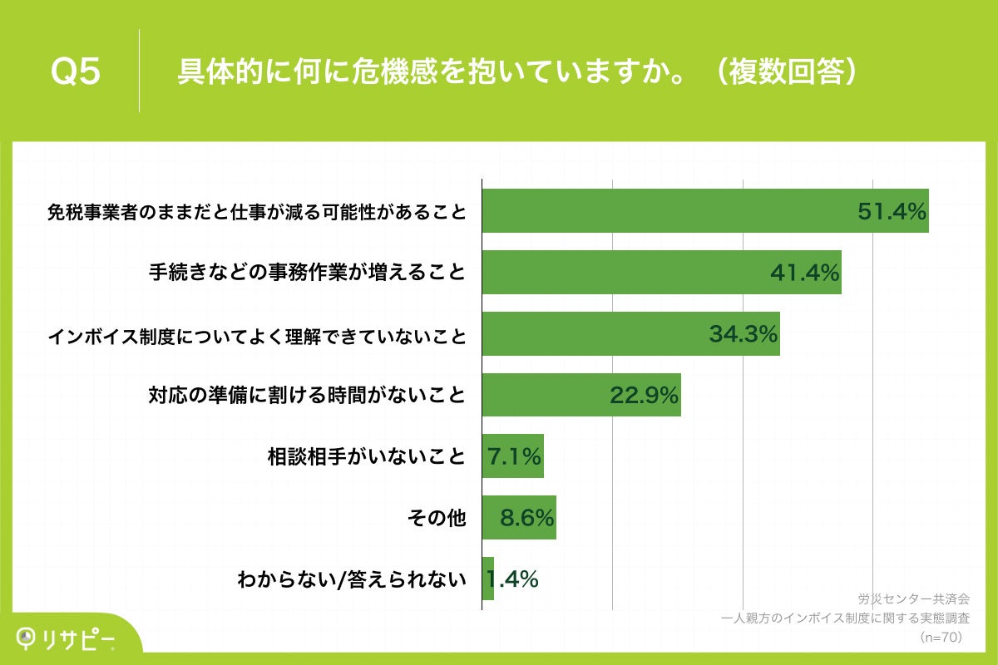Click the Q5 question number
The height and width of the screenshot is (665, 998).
tap(76, 72)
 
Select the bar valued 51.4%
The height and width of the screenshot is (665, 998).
tap(665, 211)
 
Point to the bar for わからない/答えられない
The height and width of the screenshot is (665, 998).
tap(487, 579)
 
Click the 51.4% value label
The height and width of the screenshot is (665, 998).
tap(892, 211)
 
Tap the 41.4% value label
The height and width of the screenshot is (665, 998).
tap(804, 273)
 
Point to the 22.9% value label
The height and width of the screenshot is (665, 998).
tap(645, 396)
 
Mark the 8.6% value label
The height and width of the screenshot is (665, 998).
tap(527, 518)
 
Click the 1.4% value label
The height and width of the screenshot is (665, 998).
tap(513, 579)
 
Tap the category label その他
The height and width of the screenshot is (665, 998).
tap(437, 518)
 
